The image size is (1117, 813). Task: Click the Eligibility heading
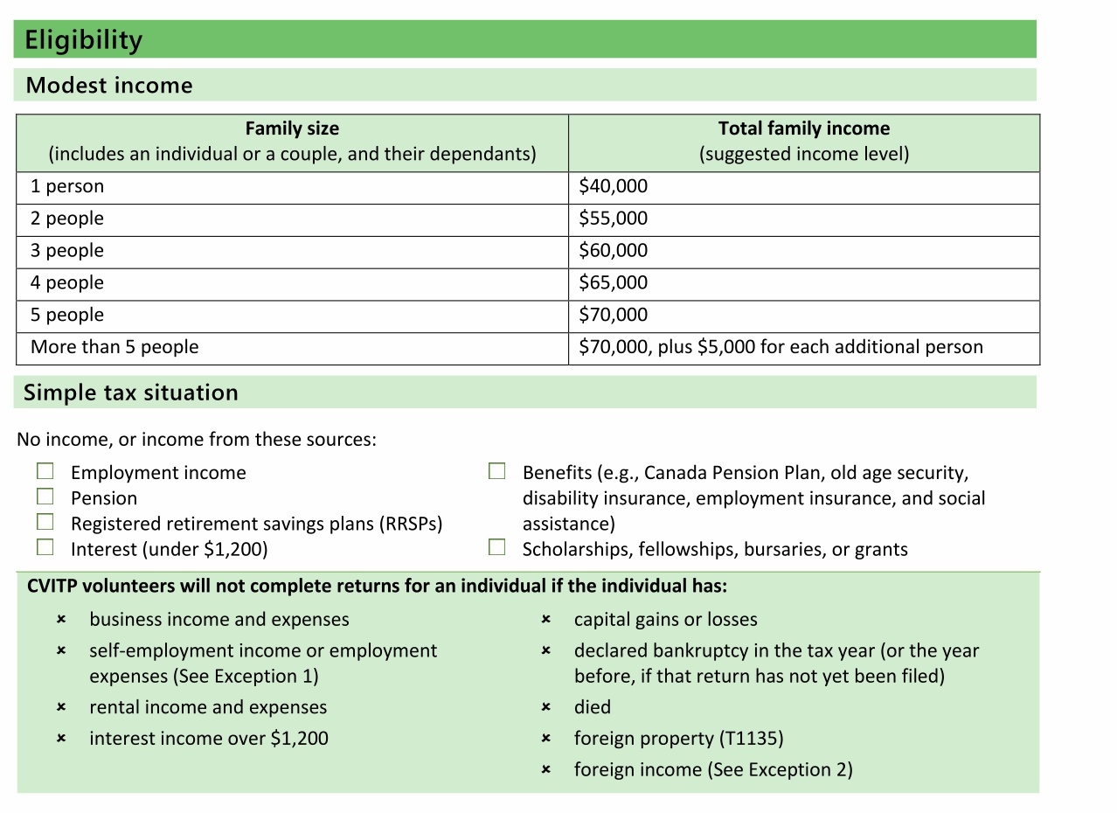[84, 40]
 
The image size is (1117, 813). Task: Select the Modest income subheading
[109, 86]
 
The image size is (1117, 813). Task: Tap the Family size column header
[292, 129]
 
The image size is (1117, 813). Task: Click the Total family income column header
[803, 129]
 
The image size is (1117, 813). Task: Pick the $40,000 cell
[613, 186]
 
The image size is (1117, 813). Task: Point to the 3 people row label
[67, 251]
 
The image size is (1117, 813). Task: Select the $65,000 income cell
[613, 283]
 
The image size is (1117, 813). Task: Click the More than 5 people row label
[114, 347]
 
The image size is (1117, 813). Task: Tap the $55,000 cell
[613, 219]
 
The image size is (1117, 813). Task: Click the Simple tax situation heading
[131, 393]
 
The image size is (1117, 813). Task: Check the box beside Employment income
[45, 472]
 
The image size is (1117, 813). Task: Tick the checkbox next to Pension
[45, 497]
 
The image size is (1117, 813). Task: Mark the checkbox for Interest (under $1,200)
[45, 548]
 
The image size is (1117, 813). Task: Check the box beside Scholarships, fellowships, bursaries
[496, 548]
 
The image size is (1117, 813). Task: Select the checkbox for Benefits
[496, 472]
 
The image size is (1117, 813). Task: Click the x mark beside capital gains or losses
[545, 620]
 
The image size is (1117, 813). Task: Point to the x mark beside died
[545, 707]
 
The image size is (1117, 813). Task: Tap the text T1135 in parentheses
[750, 739]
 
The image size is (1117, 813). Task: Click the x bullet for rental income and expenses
[61, 707]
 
